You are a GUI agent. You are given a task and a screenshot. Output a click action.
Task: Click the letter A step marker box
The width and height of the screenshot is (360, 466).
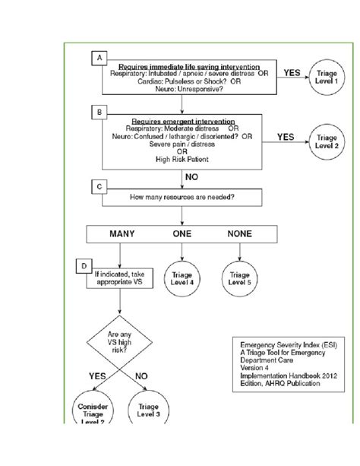click(x=97, y=58)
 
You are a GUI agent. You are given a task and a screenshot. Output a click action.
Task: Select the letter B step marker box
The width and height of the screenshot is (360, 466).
click(x=97, y=112)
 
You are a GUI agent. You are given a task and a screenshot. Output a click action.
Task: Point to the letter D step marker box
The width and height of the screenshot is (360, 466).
click(x=85, y=265)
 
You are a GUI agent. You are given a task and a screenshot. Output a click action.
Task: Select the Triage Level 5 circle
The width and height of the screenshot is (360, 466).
click(x=240, y=278)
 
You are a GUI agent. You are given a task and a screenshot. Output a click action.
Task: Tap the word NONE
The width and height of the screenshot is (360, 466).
click(x=241, y=235)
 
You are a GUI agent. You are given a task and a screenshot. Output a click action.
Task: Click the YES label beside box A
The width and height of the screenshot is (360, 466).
click(x=292, y=73)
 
